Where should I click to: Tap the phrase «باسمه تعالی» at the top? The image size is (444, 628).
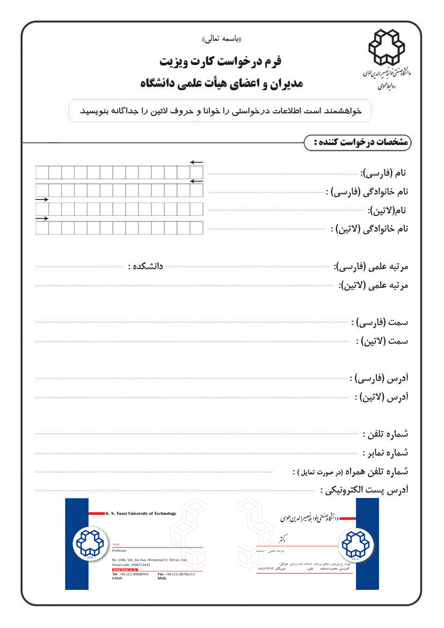(222, 40)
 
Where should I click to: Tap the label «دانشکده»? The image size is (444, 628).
(145, 266)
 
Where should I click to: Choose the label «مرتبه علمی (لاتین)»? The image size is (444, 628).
(373, 285)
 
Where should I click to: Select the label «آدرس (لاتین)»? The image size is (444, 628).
(381, 398)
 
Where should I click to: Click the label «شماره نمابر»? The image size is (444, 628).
(385, 452)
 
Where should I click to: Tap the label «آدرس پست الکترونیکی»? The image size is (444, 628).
(363, 490)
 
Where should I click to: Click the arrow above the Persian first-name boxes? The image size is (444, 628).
(196, 162)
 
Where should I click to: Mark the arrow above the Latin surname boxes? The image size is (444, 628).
(42, 218)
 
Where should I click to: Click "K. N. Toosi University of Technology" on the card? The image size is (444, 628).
(141, 514)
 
